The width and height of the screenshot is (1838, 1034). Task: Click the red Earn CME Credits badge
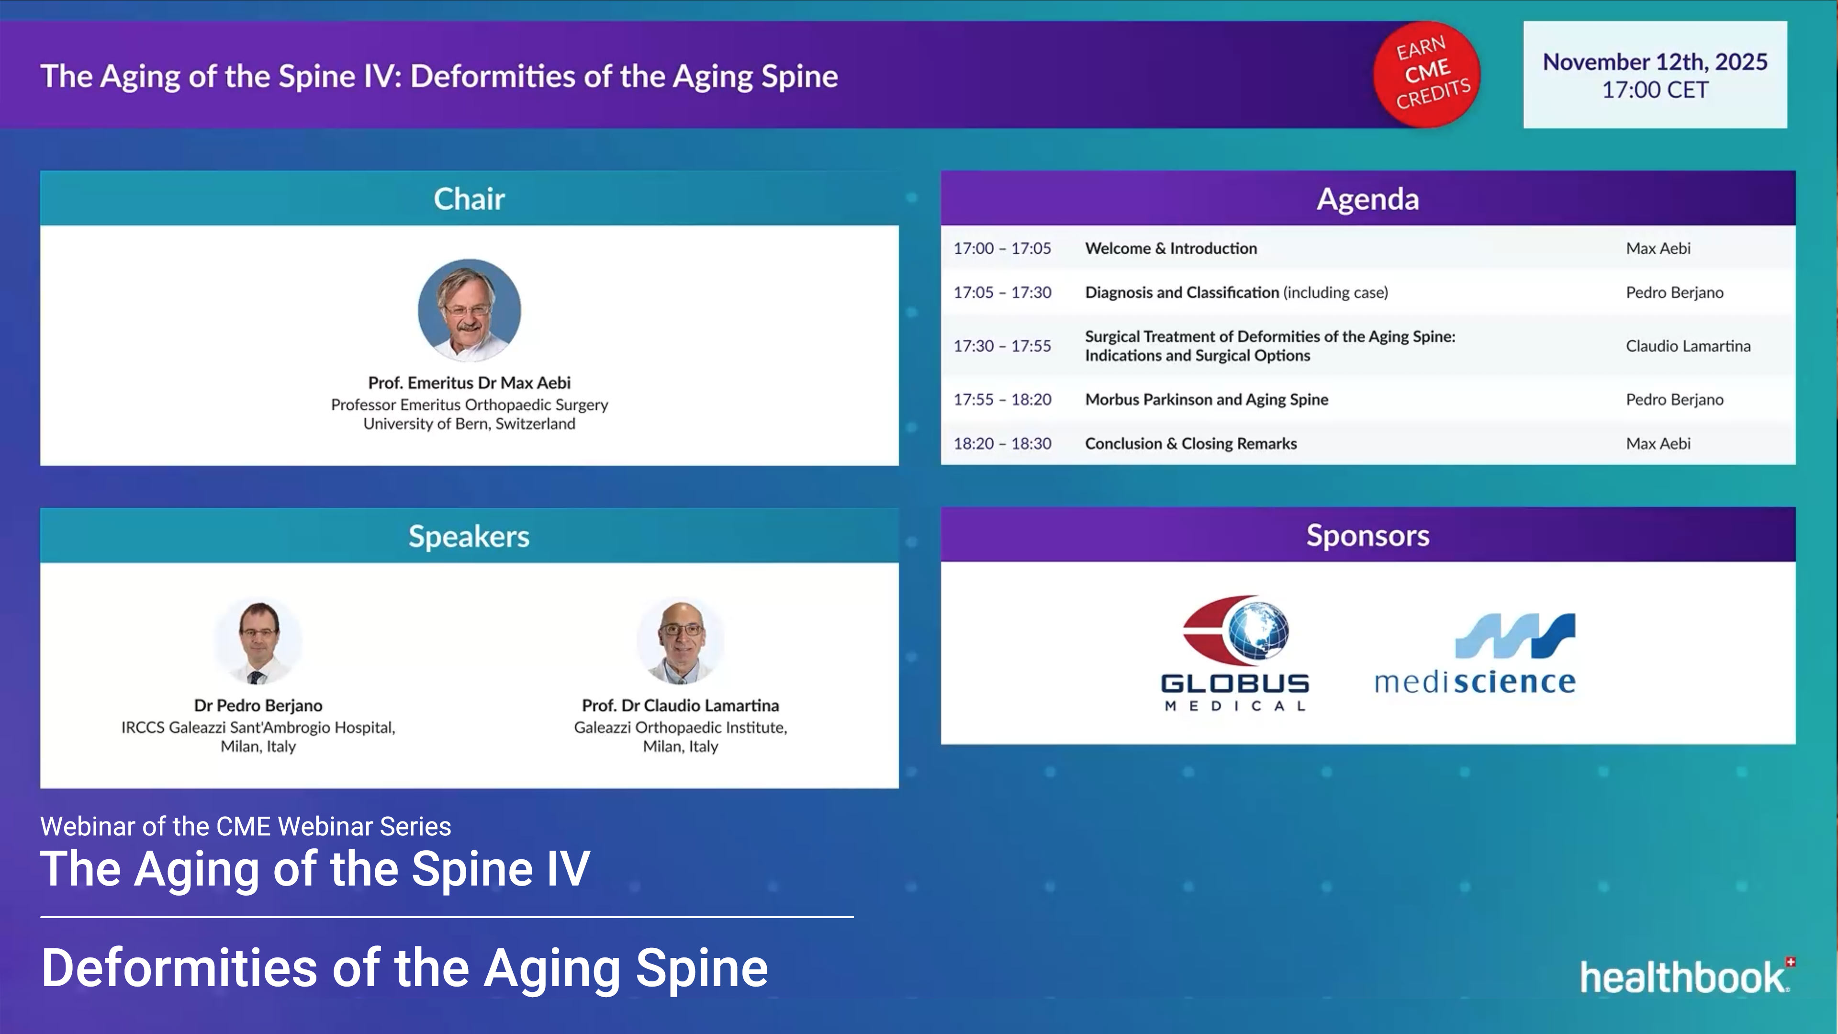click(1427, 74)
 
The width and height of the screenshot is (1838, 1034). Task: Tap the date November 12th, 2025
click(1655, 62)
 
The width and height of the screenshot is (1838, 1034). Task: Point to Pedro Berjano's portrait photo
click(258, 640)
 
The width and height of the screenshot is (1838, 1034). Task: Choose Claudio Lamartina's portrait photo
click(680, 640)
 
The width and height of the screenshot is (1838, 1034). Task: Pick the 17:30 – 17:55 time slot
click(1002, 346)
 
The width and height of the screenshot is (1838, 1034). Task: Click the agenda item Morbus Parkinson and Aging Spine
click(1206, 400)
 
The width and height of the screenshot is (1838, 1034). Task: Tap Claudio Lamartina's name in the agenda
click(1687, 346)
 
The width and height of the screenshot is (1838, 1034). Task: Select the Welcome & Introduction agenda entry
click(1171, 248)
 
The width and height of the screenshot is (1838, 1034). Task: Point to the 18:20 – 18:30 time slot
click(1002, 443)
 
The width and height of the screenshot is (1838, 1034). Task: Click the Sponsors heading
click(1367, 535)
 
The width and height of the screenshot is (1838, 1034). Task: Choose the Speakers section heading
click(469, 536)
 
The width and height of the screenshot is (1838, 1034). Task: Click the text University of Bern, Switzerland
click(469, 424)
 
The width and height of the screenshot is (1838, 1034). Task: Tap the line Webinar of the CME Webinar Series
click(246, 826)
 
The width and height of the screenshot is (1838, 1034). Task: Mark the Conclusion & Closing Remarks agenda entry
click(1190, 443)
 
